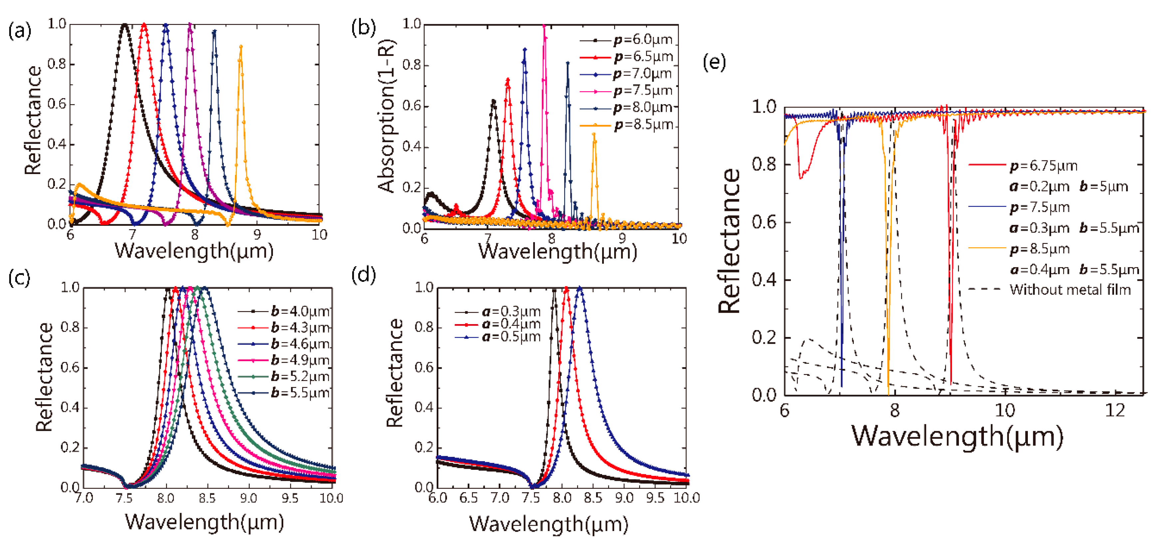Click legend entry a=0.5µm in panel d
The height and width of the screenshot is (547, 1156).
511,337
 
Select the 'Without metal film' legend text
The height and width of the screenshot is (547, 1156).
1070,290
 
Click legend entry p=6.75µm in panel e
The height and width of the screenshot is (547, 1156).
1043,166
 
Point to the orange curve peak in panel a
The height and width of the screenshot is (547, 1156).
241,47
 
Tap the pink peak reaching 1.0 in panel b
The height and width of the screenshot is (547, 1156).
544,26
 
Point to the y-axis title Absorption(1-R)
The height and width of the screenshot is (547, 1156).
386,117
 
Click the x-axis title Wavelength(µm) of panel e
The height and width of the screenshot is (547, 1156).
957,437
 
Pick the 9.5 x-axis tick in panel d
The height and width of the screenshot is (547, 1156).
655,498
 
